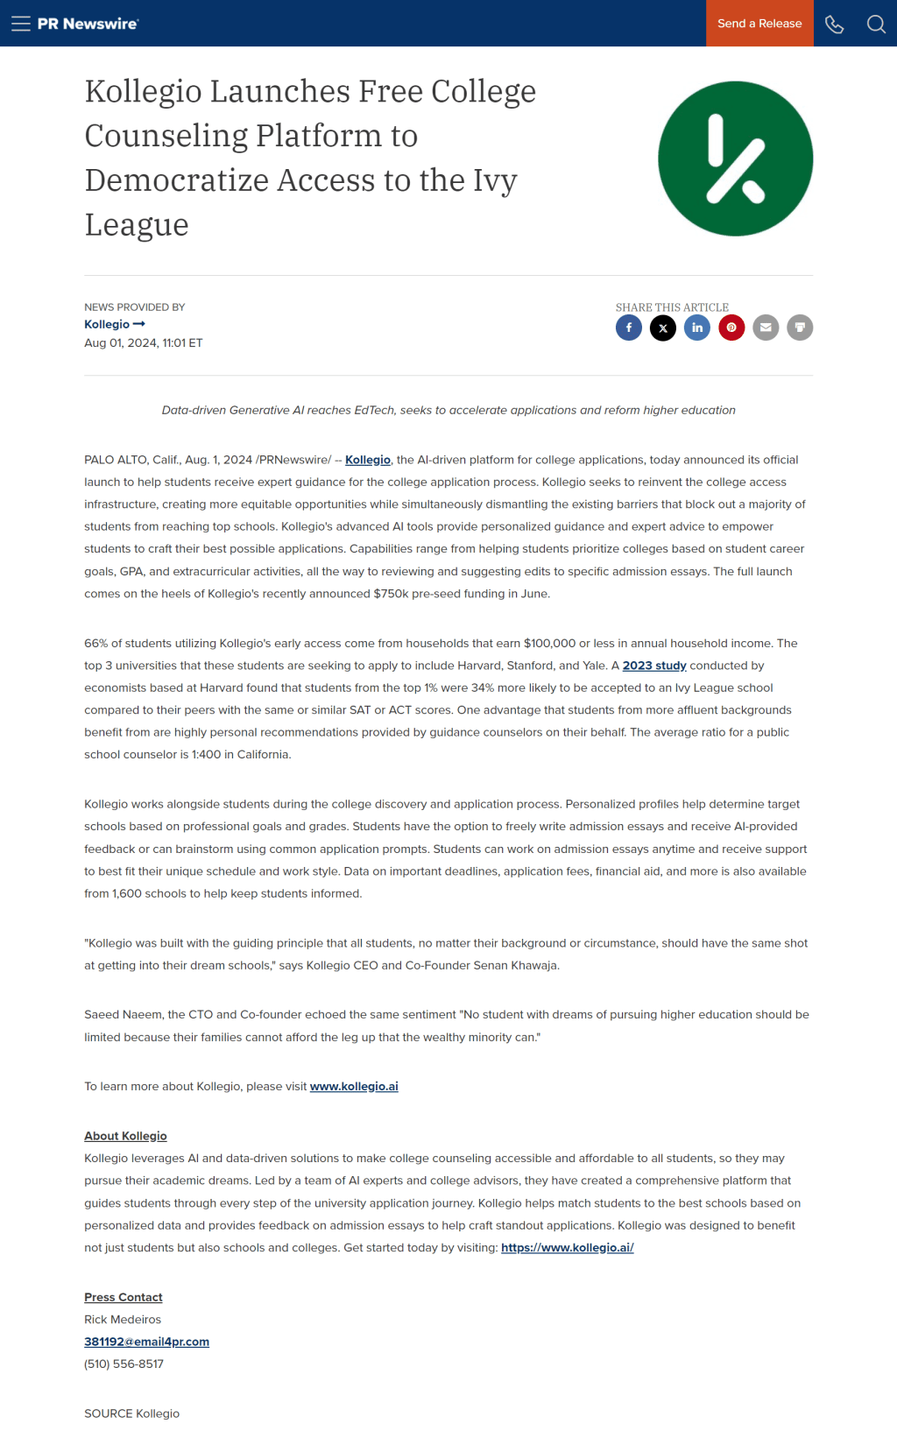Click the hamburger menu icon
pos(21,24)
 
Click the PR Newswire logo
pos(88,24)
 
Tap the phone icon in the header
pos(834,24)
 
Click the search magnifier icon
pos(876,24)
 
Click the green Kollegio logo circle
pos(735,159)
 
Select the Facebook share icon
pos(629,328)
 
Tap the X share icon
pos(663,328)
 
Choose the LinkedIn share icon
pos(697,328)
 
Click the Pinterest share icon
pos(731,328)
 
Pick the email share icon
pos(766,328)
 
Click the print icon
pos(800,328)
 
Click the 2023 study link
pos(654,666)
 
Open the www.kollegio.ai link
pos(354,1086)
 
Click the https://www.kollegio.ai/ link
pos(567,1247)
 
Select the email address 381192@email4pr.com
pos(146,1342)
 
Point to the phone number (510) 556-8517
pos(124,1364)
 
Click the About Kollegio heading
pos(125,1136)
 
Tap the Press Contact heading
pos(124,1297)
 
